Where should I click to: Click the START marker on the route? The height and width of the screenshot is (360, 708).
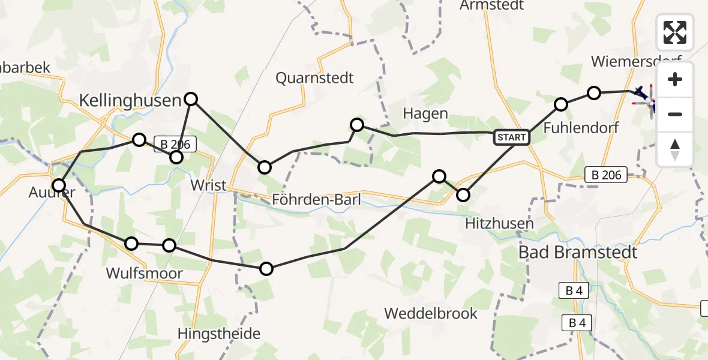click(511, 137)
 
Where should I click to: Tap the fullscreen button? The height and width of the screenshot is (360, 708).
click(675, 32)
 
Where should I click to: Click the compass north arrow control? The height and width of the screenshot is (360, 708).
click(675, 149)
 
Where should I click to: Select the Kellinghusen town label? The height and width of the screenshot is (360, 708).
click(130, 100)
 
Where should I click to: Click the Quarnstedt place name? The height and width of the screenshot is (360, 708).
click(314, 78)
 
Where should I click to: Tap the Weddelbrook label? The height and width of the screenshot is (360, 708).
click(431, 313)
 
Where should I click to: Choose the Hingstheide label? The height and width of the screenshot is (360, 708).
click(219, 334)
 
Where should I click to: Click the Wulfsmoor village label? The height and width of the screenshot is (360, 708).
click(145, 274)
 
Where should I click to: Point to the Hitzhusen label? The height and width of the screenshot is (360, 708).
click(499, 224)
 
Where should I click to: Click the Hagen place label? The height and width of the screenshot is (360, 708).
click(425, 114)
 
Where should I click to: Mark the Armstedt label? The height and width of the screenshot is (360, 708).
click(492, 5)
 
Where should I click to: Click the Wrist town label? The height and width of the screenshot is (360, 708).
click(208, 185)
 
